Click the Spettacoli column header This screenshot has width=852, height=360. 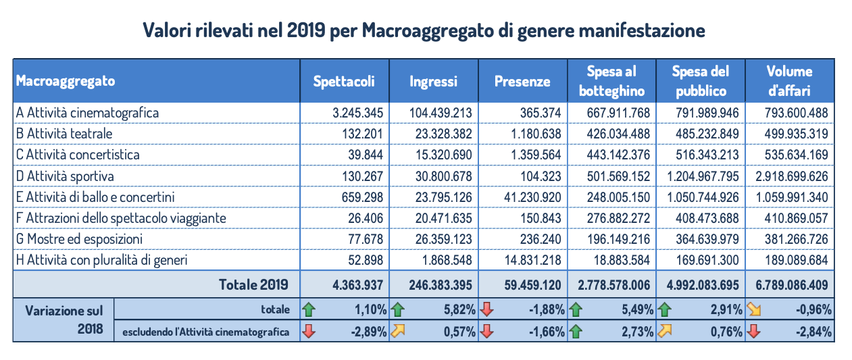(344, 81)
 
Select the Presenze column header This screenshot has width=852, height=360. (522, 81)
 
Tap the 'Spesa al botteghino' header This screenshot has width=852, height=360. (611, 81)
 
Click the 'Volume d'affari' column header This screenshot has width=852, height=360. (789, 81)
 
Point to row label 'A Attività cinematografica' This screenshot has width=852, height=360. (87, 113)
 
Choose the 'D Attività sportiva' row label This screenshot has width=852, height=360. (65, 176)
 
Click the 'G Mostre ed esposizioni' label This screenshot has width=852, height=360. (79, 239)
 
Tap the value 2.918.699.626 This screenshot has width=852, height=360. (789, 176)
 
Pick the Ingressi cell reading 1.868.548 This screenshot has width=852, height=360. (444, 261)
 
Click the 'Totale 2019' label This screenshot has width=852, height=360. (253, 284)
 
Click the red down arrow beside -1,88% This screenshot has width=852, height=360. (486, 310)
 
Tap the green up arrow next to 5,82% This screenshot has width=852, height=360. (397, 310)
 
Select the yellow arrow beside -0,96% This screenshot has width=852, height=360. (753, 310)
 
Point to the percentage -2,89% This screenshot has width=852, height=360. (368, 332)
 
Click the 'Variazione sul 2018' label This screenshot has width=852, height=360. (64, 320)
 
